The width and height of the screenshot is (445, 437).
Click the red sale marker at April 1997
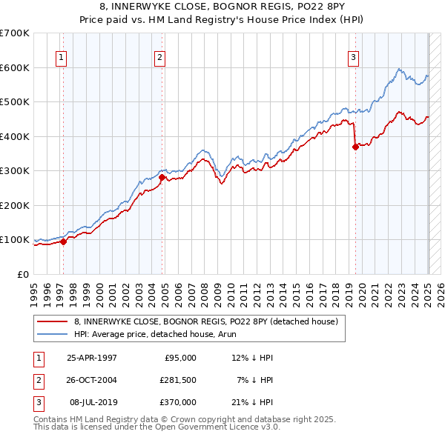64,241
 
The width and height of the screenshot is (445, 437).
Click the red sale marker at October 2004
162,177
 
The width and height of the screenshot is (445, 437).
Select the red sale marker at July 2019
355,147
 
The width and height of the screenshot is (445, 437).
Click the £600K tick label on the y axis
14,67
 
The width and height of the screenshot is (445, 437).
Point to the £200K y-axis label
14,205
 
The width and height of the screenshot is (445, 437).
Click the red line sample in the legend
53,321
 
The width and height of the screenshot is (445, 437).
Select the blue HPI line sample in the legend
53,334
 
